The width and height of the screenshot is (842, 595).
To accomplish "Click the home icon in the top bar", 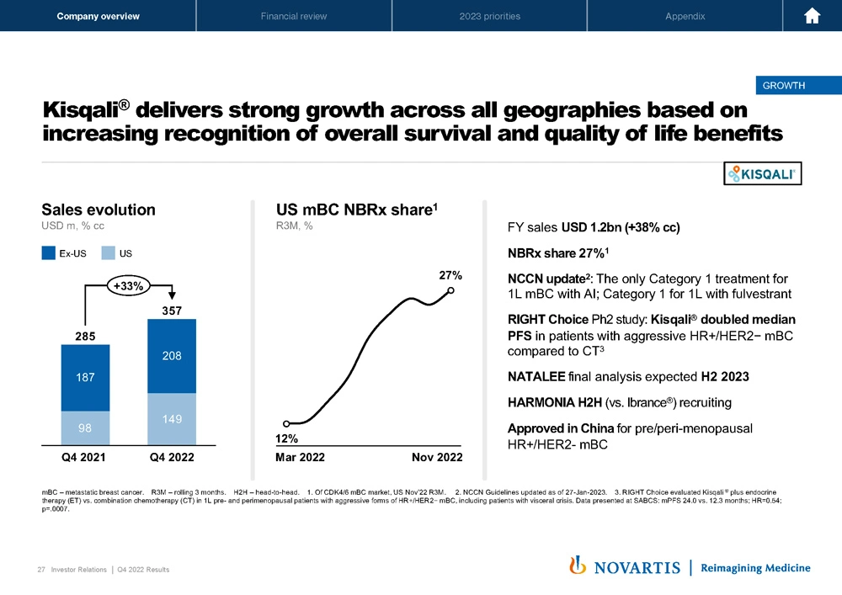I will click(x=813, y=16).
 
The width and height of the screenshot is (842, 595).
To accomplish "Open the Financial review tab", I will click(x=294, y=16).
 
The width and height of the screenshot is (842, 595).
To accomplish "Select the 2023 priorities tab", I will click(x=490, y=16).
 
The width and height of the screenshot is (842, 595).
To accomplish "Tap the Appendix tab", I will click(x=685, y=16).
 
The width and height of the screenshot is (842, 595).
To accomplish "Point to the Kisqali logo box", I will click(x=764, y=173).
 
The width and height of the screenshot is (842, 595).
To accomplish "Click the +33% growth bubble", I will click(x=128, y=287).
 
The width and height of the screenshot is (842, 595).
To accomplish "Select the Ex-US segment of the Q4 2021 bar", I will click(x=85, y=378).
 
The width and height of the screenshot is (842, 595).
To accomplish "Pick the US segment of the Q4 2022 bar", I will click(x=171, y=418).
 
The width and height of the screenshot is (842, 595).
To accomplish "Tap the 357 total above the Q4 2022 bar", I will click(x=171, y=311).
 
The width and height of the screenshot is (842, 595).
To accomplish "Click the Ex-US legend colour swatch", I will click(x=49, y=252).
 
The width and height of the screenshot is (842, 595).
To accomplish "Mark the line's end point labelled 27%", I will click(x=451, y=290).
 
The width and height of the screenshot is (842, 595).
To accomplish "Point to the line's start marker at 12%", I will click(x=286, y=423).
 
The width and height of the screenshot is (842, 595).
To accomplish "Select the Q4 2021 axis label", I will click(x=84, y=457).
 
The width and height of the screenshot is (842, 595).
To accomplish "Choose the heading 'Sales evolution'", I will click(x=99, y=210).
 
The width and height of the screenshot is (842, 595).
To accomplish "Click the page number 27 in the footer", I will click(x=41, y=570).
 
